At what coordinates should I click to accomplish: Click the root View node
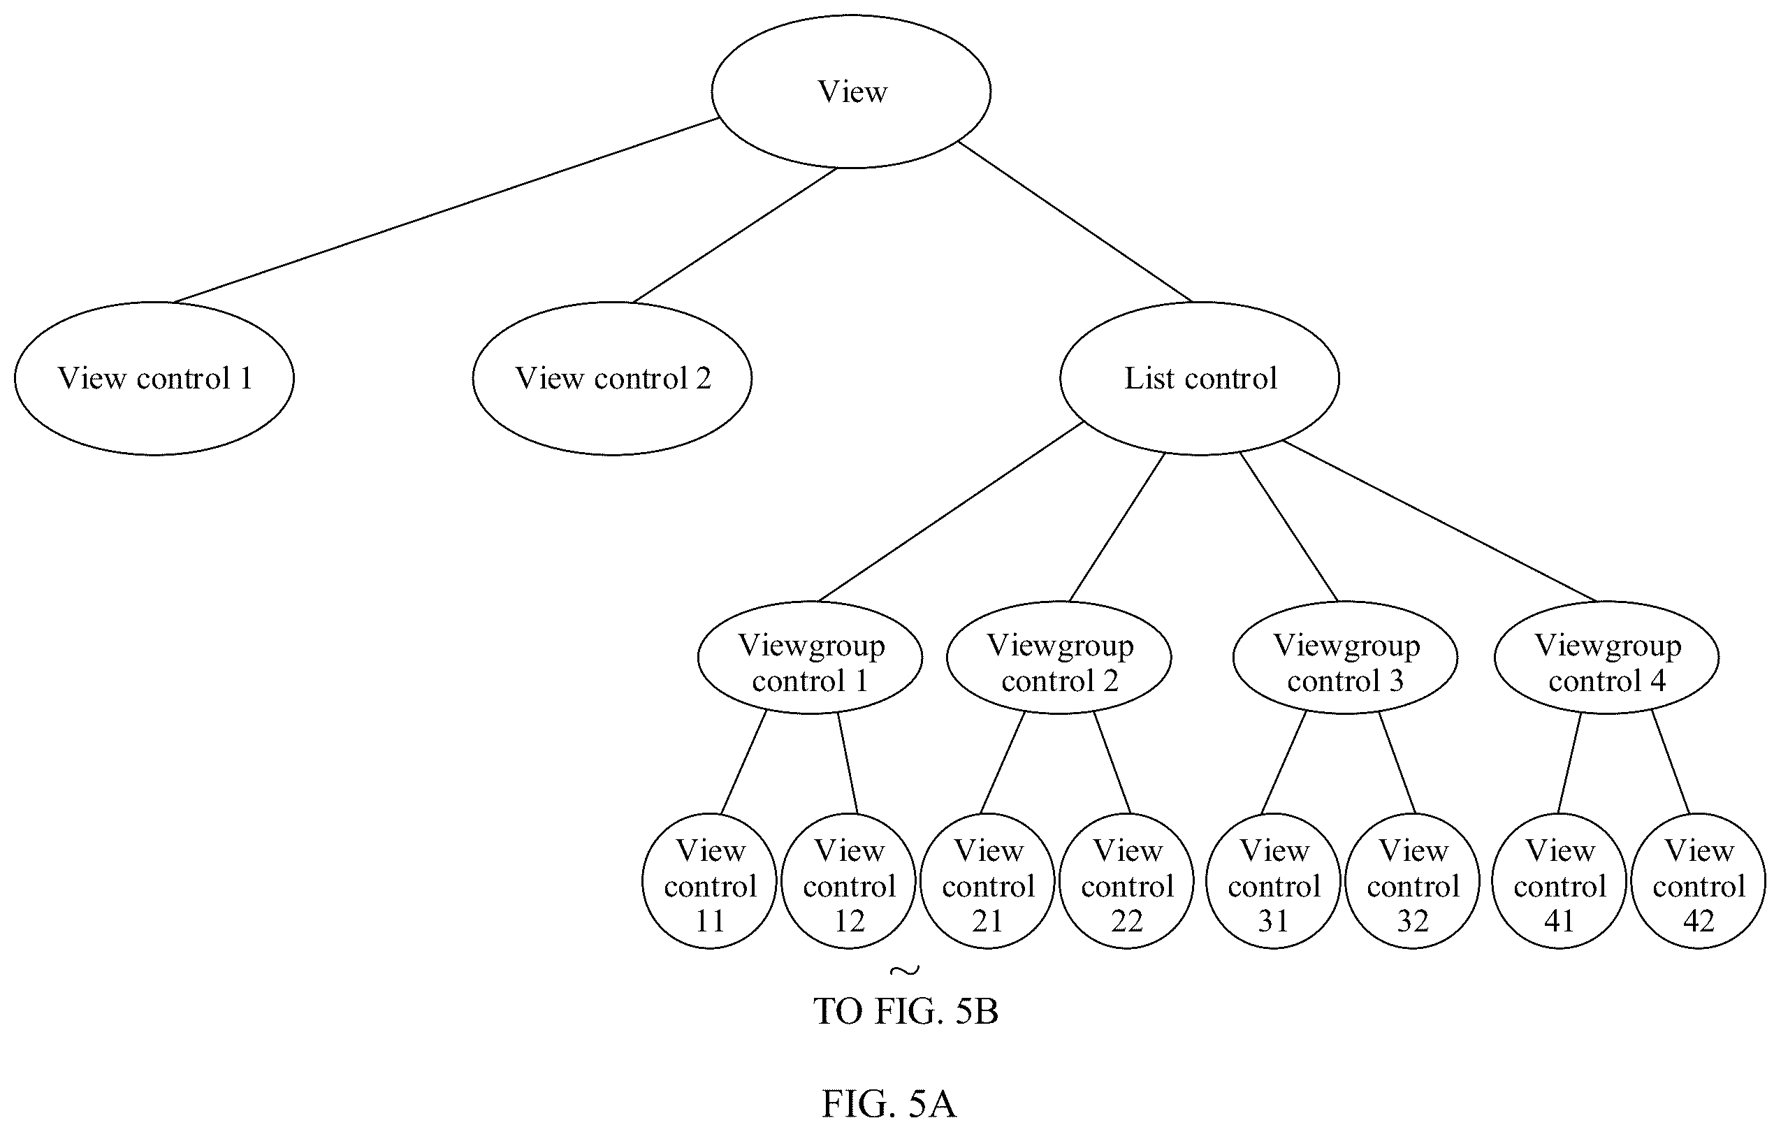point(851,92)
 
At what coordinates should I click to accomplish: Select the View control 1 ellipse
point(154,378)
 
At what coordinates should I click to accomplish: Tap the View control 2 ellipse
point(612,378)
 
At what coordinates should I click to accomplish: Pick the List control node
point(1200,378)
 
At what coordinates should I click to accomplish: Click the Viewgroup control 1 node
point(810,657)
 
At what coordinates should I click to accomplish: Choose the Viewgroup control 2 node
point(1059,657)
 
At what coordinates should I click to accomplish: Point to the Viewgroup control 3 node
point(1346,657)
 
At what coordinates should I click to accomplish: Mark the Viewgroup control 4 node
point(1606,657)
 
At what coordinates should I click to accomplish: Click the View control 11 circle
point(709,880)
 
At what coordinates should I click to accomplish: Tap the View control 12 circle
point(848,880)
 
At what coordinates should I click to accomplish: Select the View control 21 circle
point(987,880)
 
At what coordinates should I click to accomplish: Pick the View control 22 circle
point(1126,880)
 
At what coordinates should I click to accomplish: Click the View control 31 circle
point(1273,880)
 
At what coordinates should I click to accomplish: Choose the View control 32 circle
point(1412,880)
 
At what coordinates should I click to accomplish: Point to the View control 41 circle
point(1559,880)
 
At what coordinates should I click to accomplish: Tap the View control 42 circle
point(1698,880)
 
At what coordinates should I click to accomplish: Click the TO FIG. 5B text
point(906,1011)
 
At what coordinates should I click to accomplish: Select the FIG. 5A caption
point(889,1104)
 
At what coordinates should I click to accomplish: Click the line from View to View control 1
point(446,210)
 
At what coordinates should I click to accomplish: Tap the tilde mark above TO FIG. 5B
point(906,969)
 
